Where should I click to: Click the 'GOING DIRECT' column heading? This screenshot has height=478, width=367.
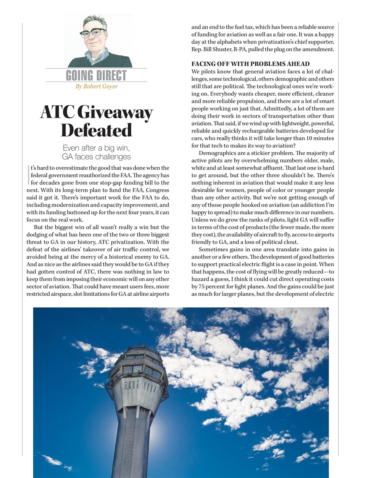[x=96, y=75]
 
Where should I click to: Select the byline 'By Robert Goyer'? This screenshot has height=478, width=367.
[x=96, y=87]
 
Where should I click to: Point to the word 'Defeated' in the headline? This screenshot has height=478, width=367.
[x=96, y=130]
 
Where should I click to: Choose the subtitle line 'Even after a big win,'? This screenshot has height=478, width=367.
[x=96, y=148]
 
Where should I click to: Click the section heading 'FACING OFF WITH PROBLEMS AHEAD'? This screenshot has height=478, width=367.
[x=251, y=64]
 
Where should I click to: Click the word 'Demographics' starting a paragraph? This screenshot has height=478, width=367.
[x=217, y=153]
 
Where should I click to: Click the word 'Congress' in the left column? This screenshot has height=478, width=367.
[x=156, y=190]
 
